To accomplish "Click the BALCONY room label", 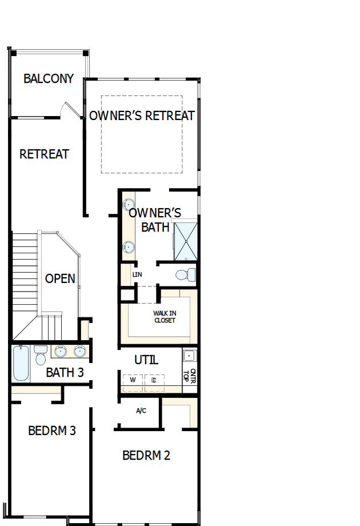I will [x=49, y=78].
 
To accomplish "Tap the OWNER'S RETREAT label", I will [x=142, y=115].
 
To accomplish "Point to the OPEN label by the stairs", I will [x=60, y=278].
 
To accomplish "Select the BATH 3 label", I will [x=65, y=373].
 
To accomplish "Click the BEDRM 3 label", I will [x=52, y=431].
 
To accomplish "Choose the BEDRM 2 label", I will [x=146, y=456].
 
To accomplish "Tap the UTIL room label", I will [x=146, y=360].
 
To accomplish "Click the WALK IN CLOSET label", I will [x=164, y=317].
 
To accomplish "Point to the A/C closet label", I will [x=141, y=411].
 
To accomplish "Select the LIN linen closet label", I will [x=137, y=274].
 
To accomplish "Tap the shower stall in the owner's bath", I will [x=186, y=241].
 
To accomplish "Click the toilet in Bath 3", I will [x=41, y=356].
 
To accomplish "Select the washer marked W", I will [x=133, y=380].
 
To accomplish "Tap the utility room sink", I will [x=190, y=356].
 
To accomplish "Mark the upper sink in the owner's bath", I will [x=129, y=204].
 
